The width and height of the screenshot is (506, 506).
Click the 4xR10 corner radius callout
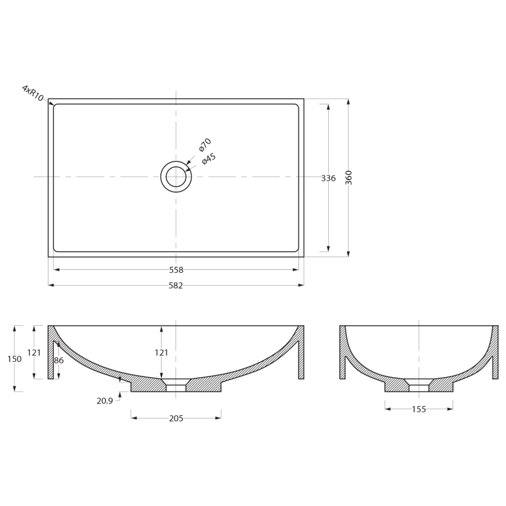(33, 93)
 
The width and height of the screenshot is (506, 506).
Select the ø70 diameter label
(205, 145)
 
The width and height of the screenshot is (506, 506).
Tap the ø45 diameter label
(209, 159)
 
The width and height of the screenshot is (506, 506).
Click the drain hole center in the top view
(176, 176)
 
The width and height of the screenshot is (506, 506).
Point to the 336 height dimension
(328, 178)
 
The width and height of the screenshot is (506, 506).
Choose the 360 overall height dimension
(349, 178)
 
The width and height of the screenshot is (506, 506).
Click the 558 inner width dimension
(176, 270)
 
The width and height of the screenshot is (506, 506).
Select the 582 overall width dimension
(176, 286)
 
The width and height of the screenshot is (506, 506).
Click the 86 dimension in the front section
(59, 361)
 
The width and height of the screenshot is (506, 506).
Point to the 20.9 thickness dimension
(105, 401)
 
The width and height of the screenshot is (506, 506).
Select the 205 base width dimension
(176, 418)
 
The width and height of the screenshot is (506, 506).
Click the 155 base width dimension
(419, 409)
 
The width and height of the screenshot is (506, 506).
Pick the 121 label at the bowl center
(161, 353)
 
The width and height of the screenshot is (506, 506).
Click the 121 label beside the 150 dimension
(34, 353)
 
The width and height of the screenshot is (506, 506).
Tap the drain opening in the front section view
(176, 387)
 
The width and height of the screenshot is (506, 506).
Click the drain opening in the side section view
(419, 387)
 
